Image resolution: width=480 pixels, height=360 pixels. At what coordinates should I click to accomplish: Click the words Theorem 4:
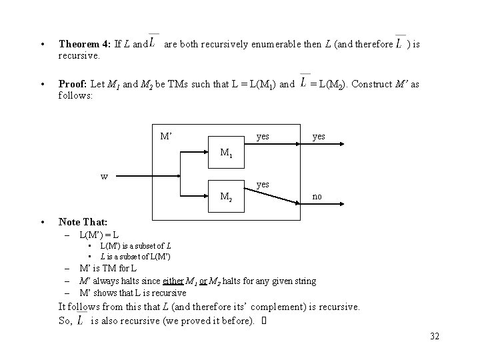point(85,45)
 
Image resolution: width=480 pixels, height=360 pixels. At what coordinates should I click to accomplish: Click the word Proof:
point(73,85)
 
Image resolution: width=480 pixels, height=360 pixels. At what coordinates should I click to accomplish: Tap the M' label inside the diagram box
point(167,137)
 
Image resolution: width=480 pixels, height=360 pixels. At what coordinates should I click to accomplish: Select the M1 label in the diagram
point(227,155)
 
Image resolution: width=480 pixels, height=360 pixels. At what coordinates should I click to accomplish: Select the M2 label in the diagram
point(227,196)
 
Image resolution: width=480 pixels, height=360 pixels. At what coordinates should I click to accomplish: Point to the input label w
point(105,177)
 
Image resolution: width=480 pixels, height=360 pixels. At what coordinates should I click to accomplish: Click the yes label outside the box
point(319,137)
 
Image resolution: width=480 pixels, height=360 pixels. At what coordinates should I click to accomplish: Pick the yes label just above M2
point(263,183)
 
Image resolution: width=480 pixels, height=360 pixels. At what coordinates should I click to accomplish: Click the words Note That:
point(83,222)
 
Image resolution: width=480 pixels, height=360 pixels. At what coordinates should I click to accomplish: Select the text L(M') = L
point(99,235)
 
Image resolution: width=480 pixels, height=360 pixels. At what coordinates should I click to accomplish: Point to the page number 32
point(435,336)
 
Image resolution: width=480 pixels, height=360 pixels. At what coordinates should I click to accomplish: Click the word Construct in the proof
point(372,85)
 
